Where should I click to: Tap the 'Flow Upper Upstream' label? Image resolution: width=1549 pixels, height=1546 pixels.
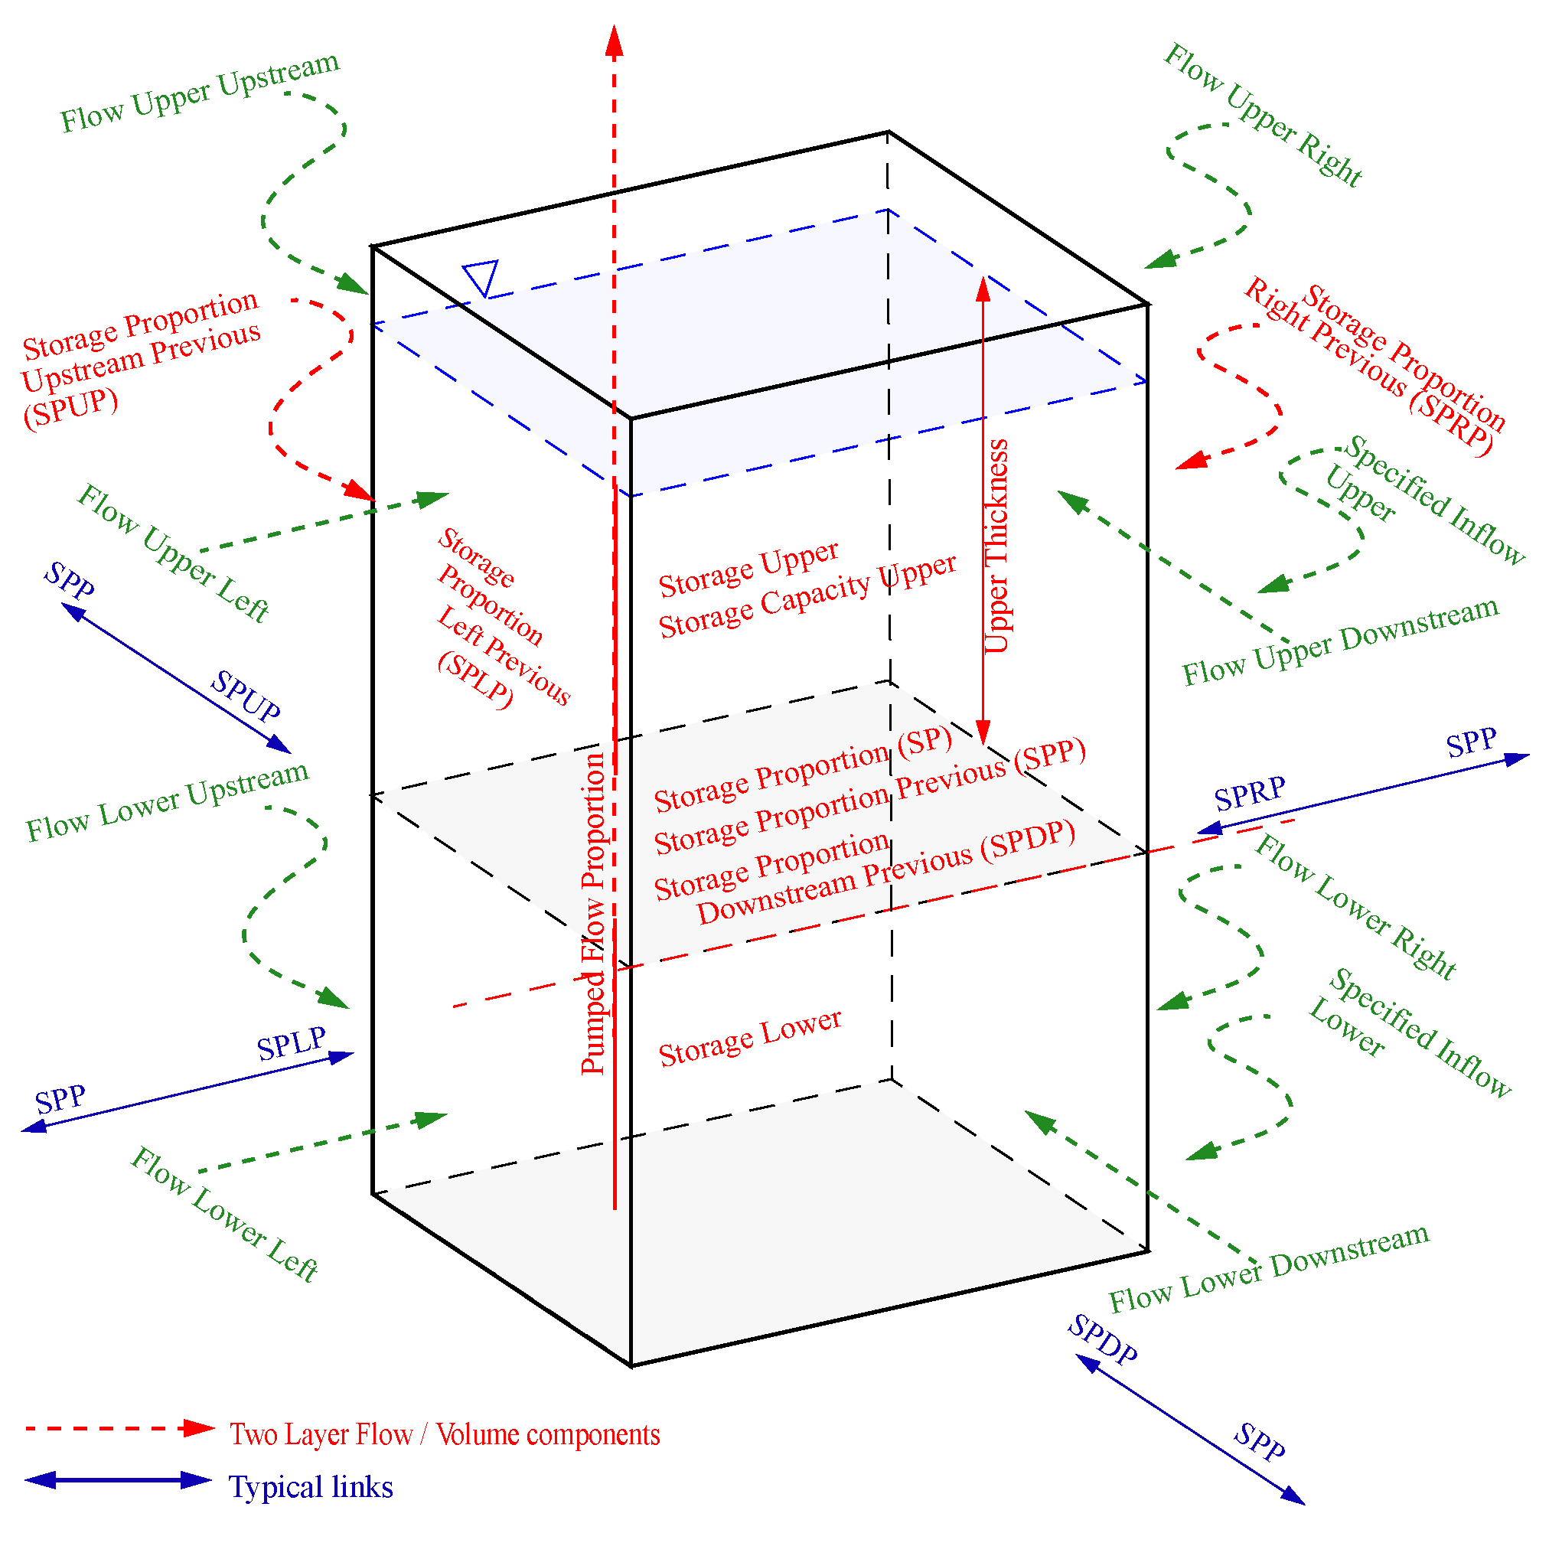click(x=200, y=91)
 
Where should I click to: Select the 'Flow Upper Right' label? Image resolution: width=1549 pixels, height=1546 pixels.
click(x=1262, y=116)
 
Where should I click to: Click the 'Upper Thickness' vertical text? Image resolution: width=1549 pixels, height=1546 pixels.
click(x=996, y=546)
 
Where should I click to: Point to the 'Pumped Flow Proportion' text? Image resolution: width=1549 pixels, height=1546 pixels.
click(x=593, y=913)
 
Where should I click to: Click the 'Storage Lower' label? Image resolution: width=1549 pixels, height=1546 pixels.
click(x=750, y=1038)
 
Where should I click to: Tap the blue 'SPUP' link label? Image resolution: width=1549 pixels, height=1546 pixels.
click(x=246, y=696)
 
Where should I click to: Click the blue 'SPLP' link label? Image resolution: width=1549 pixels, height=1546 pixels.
click(x=291, y=1044)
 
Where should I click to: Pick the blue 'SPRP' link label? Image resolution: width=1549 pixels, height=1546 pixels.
click(x=1249, y=793)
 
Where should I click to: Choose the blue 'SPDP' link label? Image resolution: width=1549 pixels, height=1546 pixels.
click(x=1102, y=1339)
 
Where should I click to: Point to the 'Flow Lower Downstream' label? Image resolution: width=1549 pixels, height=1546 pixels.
click(x=1268, y=1267)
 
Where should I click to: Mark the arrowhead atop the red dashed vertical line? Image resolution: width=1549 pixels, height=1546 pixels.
click(x=614, y=41)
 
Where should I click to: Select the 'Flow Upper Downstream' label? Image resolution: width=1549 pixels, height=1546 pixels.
click(x=1340, y=641)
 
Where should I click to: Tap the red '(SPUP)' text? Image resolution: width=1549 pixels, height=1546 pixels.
click(x=70, y=408)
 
